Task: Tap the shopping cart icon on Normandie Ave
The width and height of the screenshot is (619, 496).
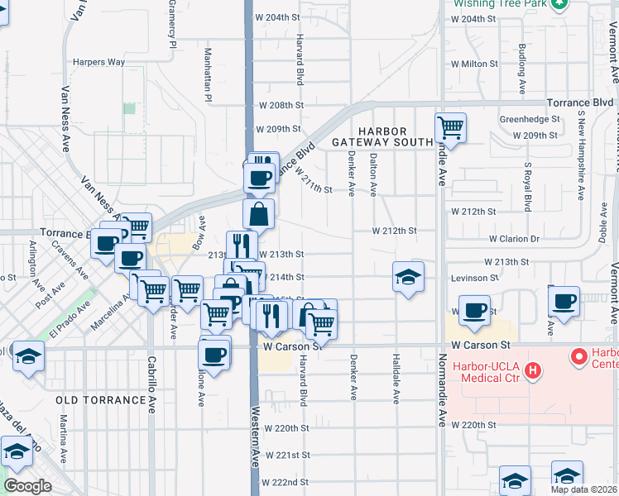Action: pyautogui.click(x=451, y=128)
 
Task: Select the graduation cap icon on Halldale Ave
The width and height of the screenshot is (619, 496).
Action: pyautogui.click(x=408, y=277)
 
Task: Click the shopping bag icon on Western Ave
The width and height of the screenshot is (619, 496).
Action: pyautogui.click(x=259, y=214)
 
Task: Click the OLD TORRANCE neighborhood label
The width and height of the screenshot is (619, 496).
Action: pyautogui.click(x=100, y=400)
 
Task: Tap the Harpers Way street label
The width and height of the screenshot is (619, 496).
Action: pyautogui.click(x=98, y=62)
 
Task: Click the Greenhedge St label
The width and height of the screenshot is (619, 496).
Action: pyautogui.click(x=527, y=119)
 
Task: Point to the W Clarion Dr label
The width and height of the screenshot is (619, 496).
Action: pyautogui.click(x=514, y=239)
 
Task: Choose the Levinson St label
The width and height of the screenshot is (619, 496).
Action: pyautogui.click(x=473, y=279)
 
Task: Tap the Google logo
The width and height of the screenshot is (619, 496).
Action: pyautogui.click(x=26, y=486)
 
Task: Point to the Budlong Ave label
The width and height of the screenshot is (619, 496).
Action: pyautogui.click(x=521, y=68)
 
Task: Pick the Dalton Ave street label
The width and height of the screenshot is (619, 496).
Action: pyautogui.click(x=374, y=174)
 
